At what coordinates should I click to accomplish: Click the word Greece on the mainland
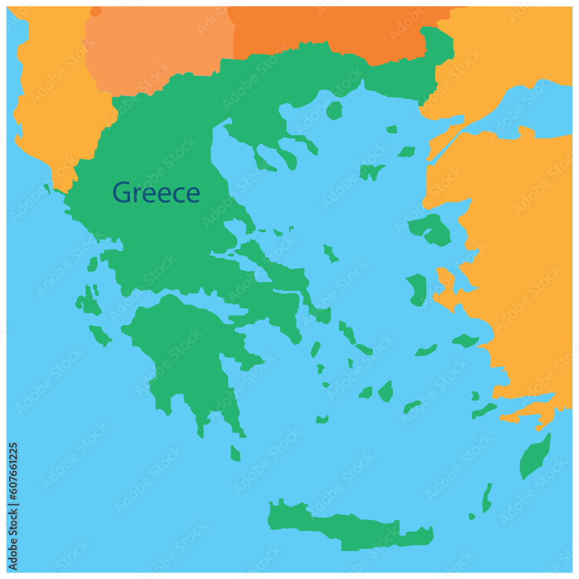156,193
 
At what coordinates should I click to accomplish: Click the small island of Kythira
235,453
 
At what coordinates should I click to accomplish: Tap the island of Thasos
334,110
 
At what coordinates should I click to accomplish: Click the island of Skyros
331,253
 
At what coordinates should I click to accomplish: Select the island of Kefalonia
87,302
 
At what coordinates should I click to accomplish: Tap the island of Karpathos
487,498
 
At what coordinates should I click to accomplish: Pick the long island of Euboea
278,272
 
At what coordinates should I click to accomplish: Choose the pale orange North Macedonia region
159,46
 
